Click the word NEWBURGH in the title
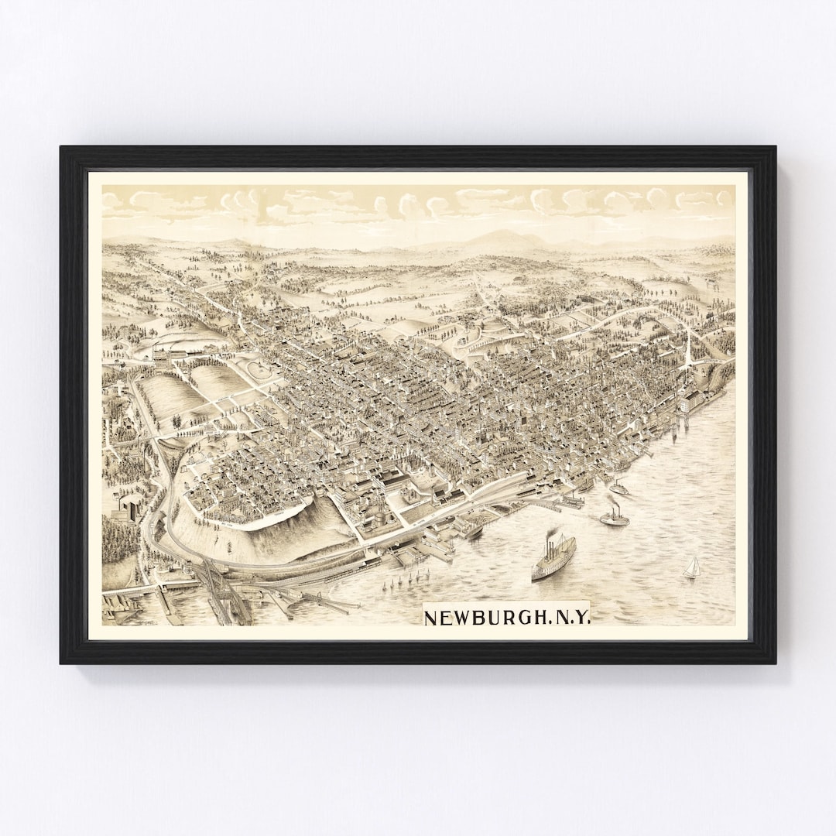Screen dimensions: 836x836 coord(481,618)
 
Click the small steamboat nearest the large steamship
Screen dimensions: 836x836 coord(615,517)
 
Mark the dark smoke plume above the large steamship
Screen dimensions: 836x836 coord(553,535)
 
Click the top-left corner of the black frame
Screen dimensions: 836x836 coord(62,148)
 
